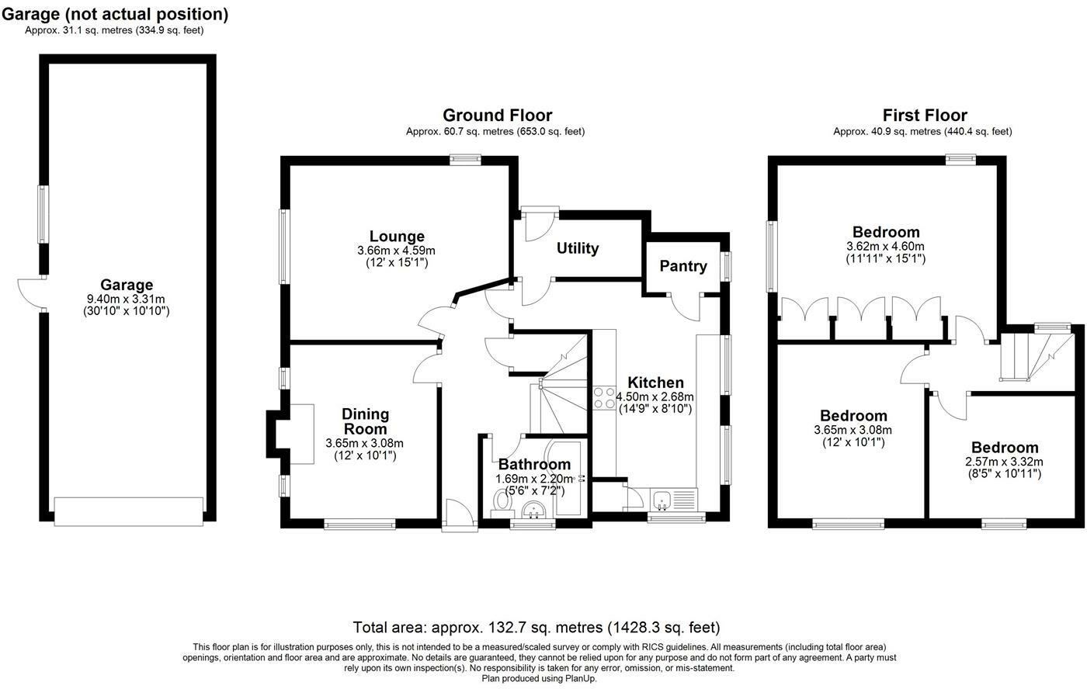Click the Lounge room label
pos(397,236)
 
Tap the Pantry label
pos(683,265)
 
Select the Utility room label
pos(578,248)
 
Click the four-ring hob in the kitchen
pos(604,397)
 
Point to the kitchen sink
pos(662,500)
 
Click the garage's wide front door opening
pos(129,511)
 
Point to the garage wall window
pos(43,214)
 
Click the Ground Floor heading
pos(498,116)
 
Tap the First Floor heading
pos(925,116)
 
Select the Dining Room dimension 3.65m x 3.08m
pos(364,443)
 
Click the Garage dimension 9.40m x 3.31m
pos(126,299)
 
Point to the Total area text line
pos(537,628)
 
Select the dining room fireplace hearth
pos(302,434)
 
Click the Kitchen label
pos(655,383)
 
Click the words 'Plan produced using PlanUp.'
pos(539,679)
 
